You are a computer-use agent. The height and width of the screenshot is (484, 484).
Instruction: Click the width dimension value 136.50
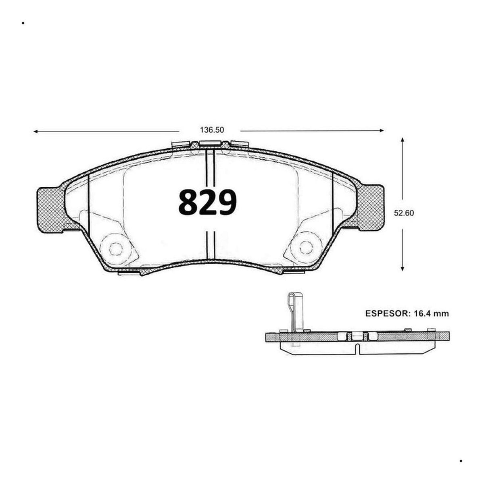coord(212,130)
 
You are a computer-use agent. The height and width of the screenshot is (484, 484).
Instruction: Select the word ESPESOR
coord(386,313)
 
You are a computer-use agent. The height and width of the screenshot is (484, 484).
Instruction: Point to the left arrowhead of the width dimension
coord(35,131)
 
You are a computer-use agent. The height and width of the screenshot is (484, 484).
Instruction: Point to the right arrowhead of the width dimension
coord(382,130)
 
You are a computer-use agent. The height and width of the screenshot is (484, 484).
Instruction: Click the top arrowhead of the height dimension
coord(403,140)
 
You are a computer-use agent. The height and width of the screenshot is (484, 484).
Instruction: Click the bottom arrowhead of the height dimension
coord(403,269)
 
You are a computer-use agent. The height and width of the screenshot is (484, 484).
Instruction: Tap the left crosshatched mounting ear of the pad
coord(50,210)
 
